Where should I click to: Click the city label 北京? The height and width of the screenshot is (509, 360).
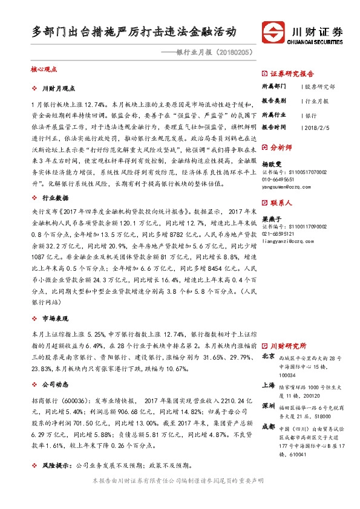269,357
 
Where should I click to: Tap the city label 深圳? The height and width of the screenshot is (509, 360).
269,405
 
